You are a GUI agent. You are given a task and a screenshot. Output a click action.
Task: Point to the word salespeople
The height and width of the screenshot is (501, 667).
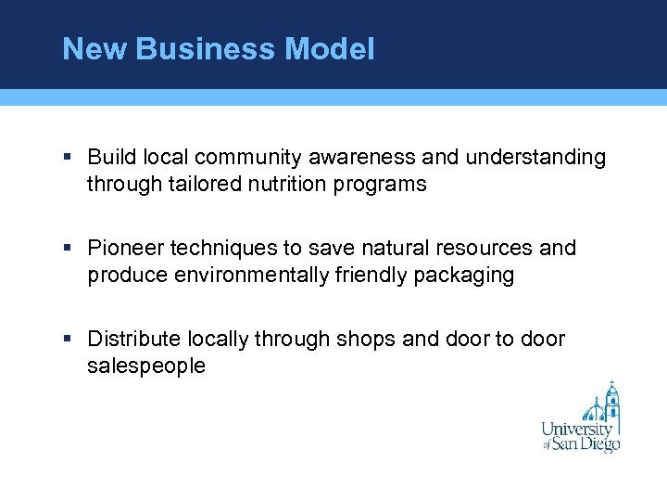pos(146,366)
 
